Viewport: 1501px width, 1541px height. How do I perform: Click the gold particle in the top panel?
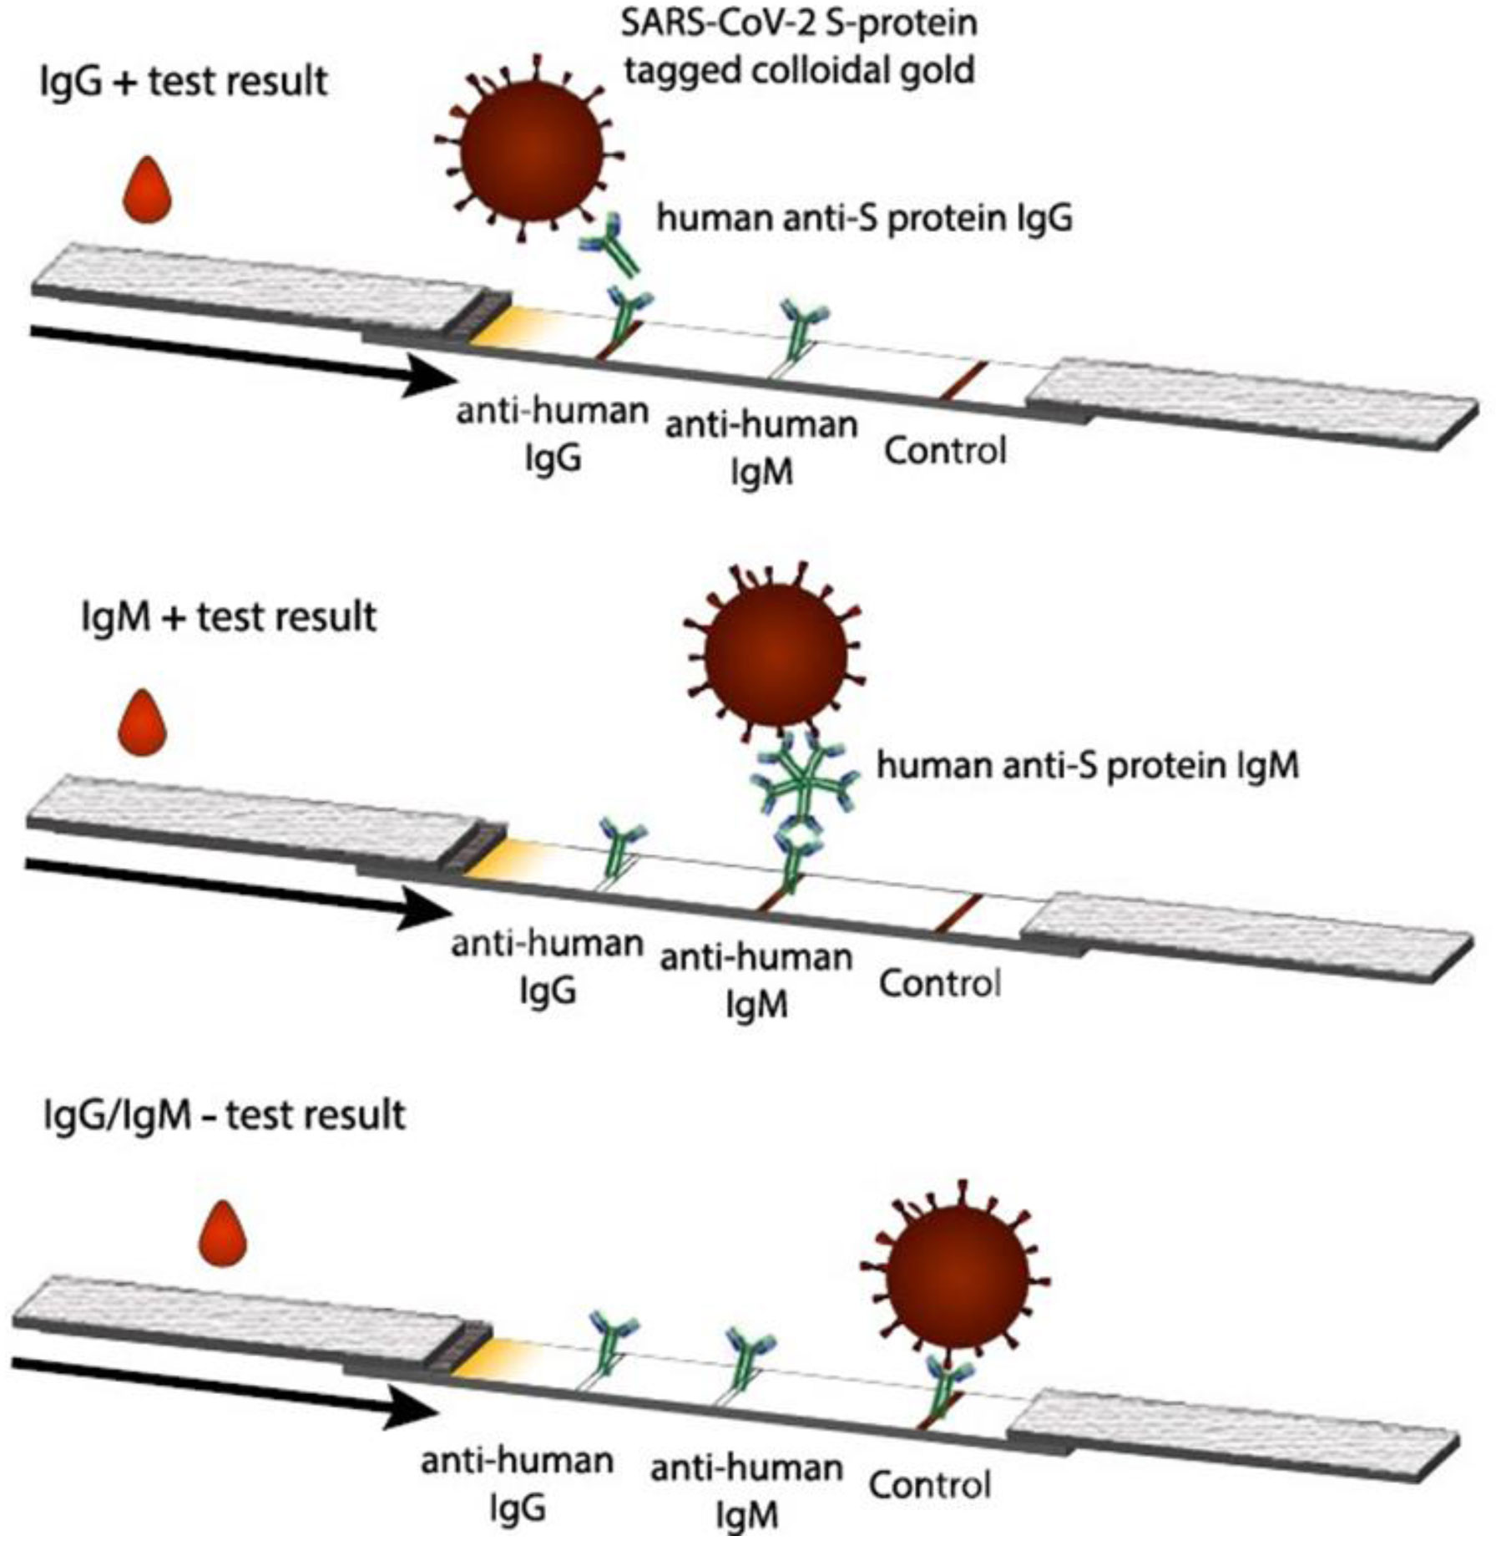[531, 150]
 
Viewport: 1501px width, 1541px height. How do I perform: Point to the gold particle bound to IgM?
[776, 654]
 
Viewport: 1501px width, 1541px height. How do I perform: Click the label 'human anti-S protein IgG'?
[864, 219]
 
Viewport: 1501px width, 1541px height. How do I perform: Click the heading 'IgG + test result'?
[184, 82]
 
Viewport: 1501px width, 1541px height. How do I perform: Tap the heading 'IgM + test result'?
[229, 617]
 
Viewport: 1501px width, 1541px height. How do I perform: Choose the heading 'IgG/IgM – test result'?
[224, 1115]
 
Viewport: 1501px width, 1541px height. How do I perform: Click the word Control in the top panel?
[945, 451]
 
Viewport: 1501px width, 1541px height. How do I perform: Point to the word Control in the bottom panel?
[929, 1485]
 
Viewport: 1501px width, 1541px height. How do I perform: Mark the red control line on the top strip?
[963, 380]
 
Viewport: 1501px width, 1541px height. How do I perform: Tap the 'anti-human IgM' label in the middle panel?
[756, 981]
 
